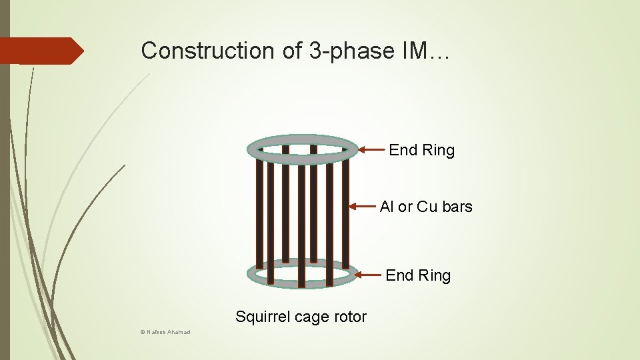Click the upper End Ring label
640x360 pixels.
coord(421,151)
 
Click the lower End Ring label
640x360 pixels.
coord(418,275)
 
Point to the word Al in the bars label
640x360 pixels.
coord(387,207)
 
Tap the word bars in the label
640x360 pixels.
coord(457,207)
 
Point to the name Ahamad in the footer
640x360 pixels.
coord(179,332)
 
